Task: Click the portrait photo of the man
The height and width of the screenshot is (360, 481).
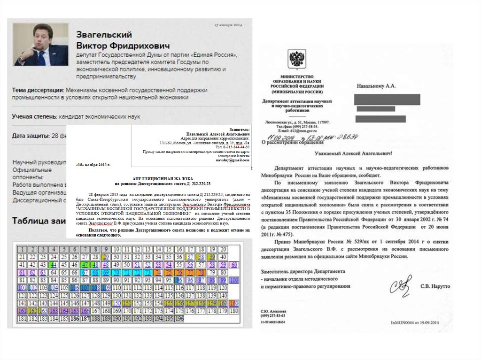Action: [x=37, y=45]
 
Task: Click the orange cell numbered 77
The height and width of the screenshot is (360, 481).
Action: [x=190, y=272]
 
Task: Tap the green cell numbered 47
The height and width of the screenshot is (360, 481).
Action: [x=85, y=265]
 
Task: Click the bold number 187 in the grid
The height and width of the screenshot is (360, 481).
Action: [x=85, y=319]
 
